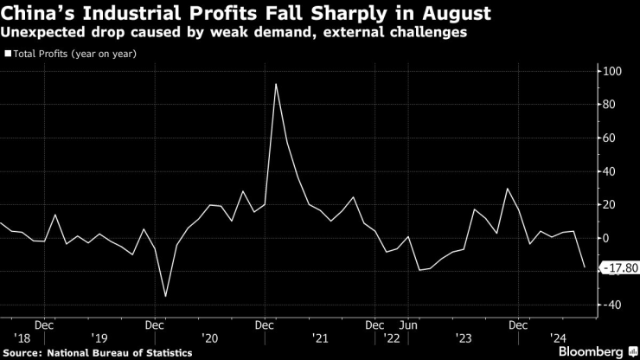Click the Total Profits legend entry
pos(74,54)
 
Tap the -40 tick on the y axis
pos(613,305)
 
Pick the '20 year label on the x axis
pos(209,339)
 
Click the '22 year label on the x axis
pos(393,339)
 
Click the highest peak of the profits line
pos(275,84)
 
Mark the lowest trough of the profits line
pos(165,296)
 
